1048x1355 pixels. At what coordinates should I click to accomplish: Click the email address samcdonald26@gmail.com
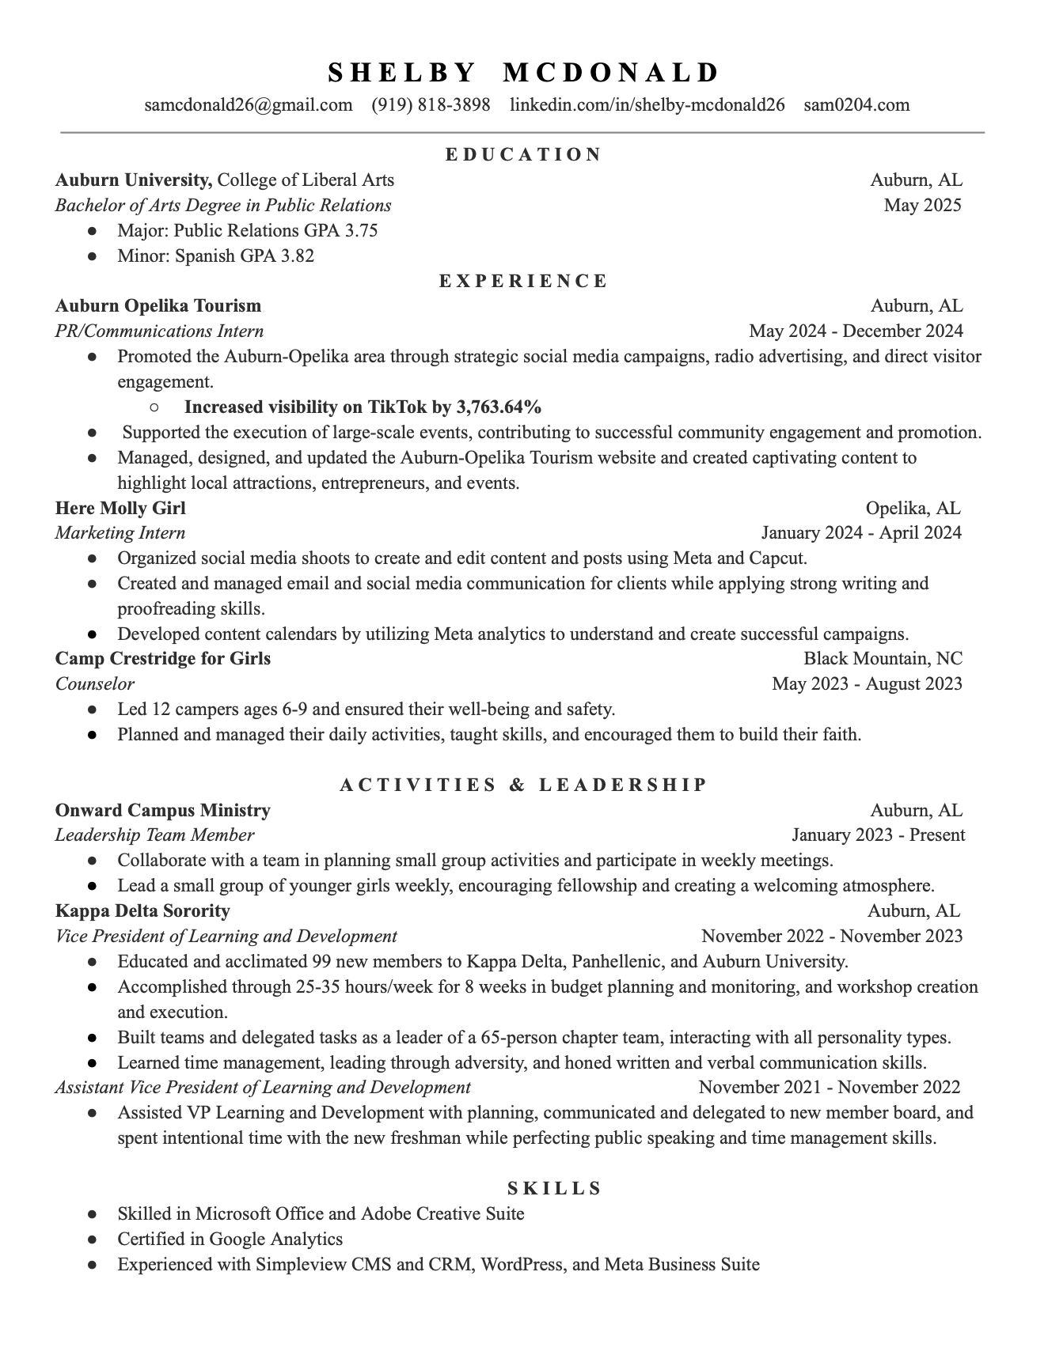(x=249, y=105)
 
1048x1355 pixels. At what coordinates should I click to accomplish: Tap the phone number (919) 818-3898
(x=431, y=105)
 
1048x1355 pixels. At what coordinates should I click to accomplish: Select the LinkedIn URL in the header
(x=647, y=105)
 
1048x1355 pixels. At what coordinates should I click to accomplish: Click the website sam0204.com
(x=856, y=105)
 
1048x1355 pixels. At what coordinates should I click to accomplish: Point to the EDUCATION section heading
(x=523, y=154)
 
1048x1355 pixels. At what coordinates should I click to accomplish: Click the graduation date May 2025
(x=922, y=206)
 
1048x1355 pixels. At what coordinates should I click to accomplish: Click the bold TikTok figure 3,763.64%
(x=499, y=407)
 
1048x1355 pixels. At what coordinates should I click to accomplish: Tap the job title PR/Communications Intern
(x=159, y=331)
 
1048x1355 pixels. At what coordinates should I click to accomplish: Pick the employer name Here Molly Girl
(x=120, y=508)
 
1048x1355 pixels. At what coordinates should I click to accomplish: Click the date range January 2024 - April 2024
(x=860, y=533)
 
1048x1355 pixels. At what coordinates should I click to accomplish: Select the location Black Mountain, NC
(x=883, y=659)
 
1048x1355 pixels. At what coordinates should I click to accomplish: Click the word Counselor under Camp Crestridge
(x=95, y=684)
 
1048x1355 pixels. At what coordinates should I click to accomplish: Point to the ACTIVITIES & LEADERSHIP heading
(x=523, y=785)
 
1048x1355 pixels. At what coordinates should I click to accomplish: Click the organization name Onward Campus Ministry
(x=162, y=811)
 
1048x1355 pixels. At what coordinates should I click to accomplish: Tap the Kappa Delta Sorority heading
(x=142, y=911)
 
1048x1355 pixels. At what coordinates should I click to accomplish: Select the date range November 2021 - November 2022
(x=830, y=1088)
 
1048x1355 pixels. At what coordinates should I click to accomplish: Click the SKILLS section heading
(x=555, y=1188)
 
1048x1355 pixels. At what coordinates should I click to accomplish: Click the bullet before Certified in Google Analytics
(x=93, y=1240)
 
